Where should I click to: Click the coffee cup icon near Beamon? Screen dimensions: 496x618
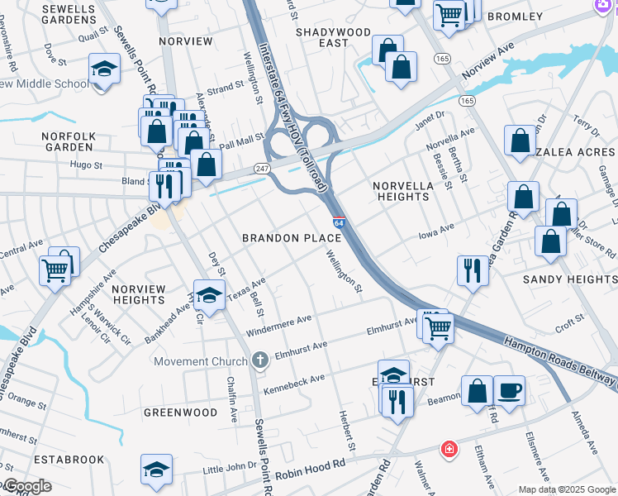click(509, 390)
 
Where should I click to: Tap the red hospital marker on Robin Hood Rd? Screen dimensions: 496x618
click(449, 450)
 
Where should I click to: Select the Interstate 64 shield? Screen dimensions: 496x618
click(339, 222)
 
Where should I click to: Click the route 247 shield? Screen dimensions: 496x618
click(262, 168)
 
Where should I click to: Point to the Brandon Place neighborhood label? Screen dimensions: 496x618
click(292, 238)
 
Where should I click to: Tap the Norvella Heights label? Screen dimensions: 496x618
click(403, 191)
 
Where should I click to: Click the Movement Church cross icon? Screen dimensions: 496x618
click(260, 360)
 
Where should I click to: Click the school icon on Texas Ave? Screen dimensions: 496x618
click(209, 294)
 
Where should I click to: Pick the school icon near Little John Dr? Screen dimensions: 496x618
click(156, 469)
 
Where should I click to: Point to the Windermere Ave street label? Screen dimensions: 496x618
click(278, 325)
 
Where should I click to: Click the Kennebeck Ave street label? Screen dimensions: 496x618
click(294, 384)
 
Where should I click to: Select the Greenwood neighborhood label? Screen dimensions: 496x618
click(181, 412)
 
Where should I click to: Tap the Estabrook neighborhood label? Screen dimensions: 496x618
click(69, 459)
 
